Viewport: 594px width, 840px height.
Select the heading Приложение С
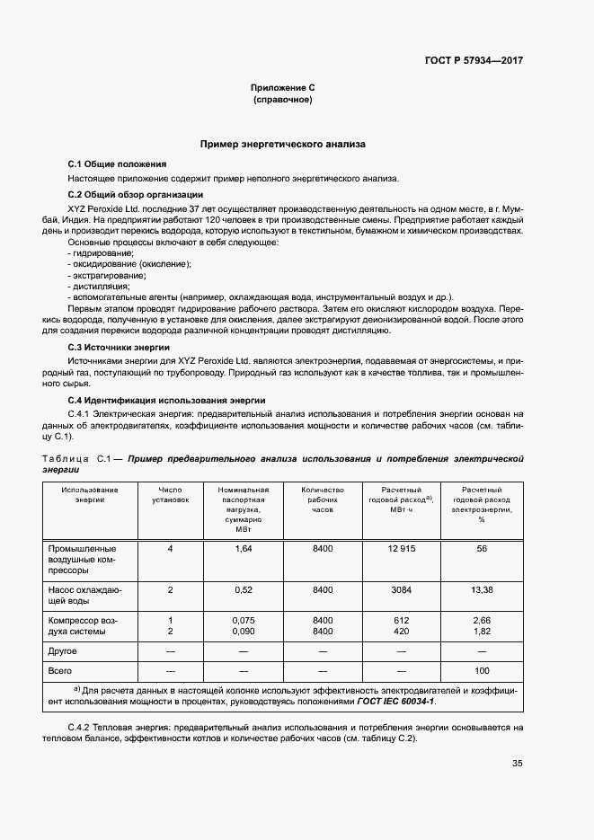click(282, 87)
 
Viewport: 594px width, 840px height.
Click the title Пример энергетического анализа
click(282, 144)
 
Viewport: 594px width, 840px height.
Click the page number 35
click(517, 764)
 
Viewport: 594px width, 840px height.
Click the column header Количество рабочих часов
click(321, 500)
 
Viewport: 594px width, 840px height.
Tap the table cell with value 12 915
click(401, 548)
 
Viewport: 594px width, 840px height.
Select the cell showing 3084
click(401, 589)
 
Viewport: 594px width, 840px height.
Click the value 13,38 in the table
click(481, 589)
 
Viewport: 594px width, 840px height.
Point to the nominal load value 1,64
click(243, 548)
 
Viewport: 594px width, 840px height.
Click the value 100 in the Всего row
click(481, 671)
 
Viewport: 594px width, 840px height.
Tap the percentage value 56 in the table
click(481, 548)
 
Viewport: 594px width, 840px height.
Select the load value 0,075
click(243, 620)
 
